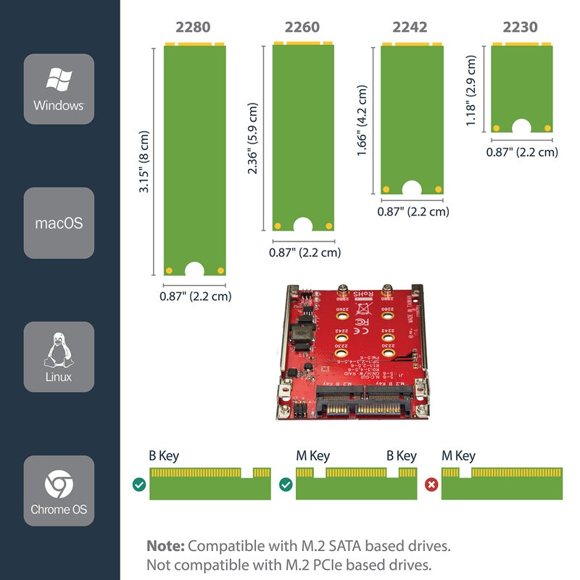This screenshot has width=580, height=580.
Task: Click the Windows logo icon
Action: click(x=59, y=80)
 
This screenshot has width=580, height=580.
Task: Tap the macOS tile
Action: click(x=59, y=223)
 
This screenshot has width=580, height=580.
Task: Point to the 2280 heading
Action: click(x=193, y=28)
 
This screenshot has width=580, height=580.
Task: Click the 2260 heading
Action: click(x=302, y=28)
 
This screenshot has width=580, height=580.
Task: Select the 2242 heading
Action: click(x=410, y=28)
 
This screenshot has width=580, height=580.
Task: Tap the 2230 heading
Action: click(x=520, y=28)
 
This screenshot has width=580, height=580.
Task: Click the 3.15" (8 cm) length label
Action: click(x=145, y=162)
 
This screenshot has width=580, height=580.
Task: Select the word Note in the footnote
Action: click(x=165, y=546)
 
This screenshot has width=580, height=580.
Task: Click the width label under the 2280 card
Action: click(x=196, y=296)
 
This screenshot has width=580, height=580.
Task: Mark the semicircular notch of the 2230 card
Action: click(x=521, y=128)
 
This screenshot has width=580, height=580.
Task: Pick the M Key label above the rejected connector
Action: click(x=458, y=456)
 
